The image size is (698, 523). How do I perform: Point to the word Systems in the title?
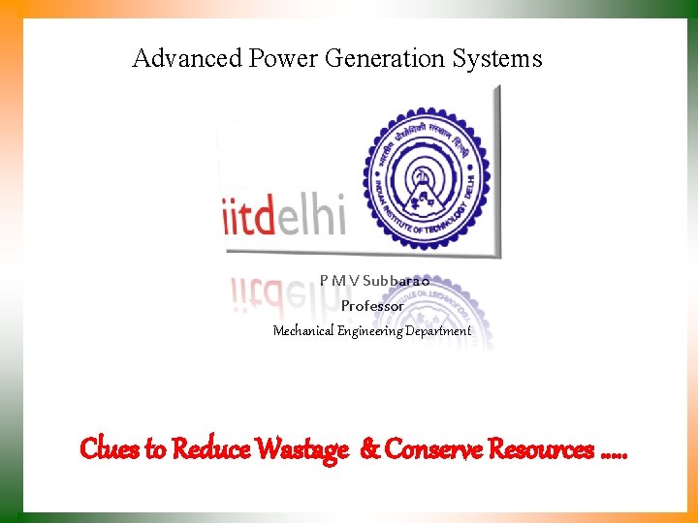coord(497,59)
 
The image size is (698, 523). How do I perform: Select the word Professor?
coord(372,306)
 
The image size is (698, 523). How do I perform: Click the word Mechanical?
coord(302,331)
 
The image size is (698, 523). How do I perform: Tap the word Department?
coord(438,331)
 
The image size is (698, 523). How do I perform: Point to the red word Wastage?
coord(301,449)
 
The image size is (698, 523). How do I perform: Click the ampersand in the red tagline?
coord(369,449)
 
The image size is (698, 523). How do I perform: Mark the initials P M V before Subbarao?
coord(339,281)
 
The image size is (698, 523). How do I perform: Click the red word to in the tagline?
coord(155,449)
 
